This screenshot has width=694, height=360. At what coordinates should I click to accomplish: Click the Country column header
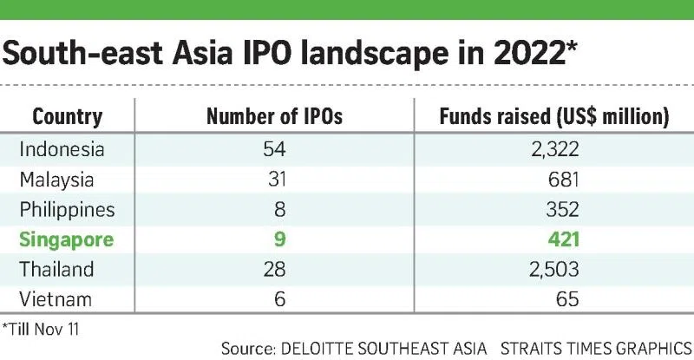tap(67, 116)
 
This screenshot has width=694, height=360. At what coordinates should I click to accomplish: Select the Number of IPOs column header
tap(274, 116)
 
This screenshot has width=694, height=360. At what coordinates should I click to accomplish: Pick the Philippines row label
tap(67, 210)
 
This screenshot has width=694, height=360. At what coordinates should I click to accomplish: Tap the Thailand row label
tap(56, 270)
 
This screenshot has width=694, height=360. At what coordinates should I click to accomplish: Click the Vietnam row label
tap(56, 300)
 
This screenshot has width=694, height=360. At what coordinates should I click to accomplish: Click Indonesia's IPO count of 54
tap(274, 149)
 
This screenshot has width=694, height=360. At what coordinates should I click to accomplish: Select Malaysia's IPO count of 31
tap(274, 180)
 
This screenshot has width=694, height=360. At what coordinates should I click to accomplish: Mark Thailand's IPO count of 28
tap(274, 270)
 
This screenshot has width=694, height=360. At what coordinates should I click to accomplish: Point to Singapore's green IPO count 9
tap(274, 240)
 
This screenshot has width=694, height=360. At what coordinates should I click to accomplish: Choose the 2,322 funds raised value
tap(549, 149)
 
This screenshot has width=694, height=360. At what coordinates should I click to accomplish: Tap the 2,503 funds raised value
tap(549, 270)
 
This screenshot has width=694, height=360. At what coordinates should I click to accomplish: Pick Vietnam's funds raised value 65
tap(566, 300)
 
